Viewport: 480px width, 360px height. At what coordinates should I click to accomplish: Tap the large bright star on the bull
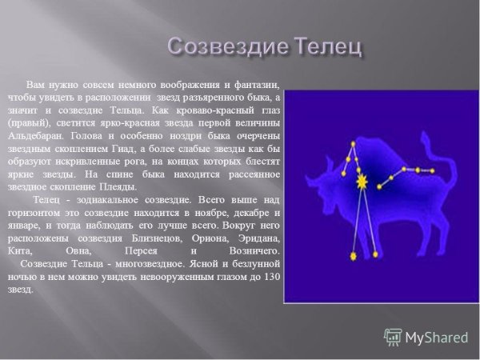tap(362, 182)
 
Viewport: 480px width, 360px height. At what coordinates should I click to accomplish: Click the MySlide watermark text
tap(436, 337)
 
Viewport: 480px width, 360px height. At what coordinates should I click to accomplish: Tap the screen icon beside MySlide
tap(393, 337)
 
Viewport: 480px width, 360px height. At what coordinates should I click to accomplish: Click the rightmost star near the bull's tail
tap(433, 171)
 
